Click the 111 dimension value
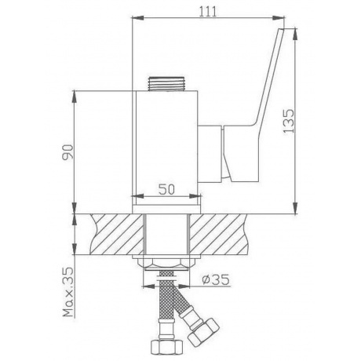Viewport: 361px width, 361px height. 208,12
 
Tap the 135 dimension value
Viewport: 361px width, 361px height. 289,121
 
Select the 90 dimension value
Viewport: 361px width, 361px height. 67,151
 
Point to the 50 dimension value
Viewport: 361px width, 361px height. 166,189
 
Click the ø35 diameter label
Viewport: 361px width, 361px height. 216,279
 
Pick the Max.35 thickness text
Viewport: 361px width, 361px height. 68,292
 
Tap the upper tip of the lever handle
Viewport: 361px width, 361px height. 282,28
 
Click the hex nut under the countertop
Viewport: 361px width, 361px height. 166,264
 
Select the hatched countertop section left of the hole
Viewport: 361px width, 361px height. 117,234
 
